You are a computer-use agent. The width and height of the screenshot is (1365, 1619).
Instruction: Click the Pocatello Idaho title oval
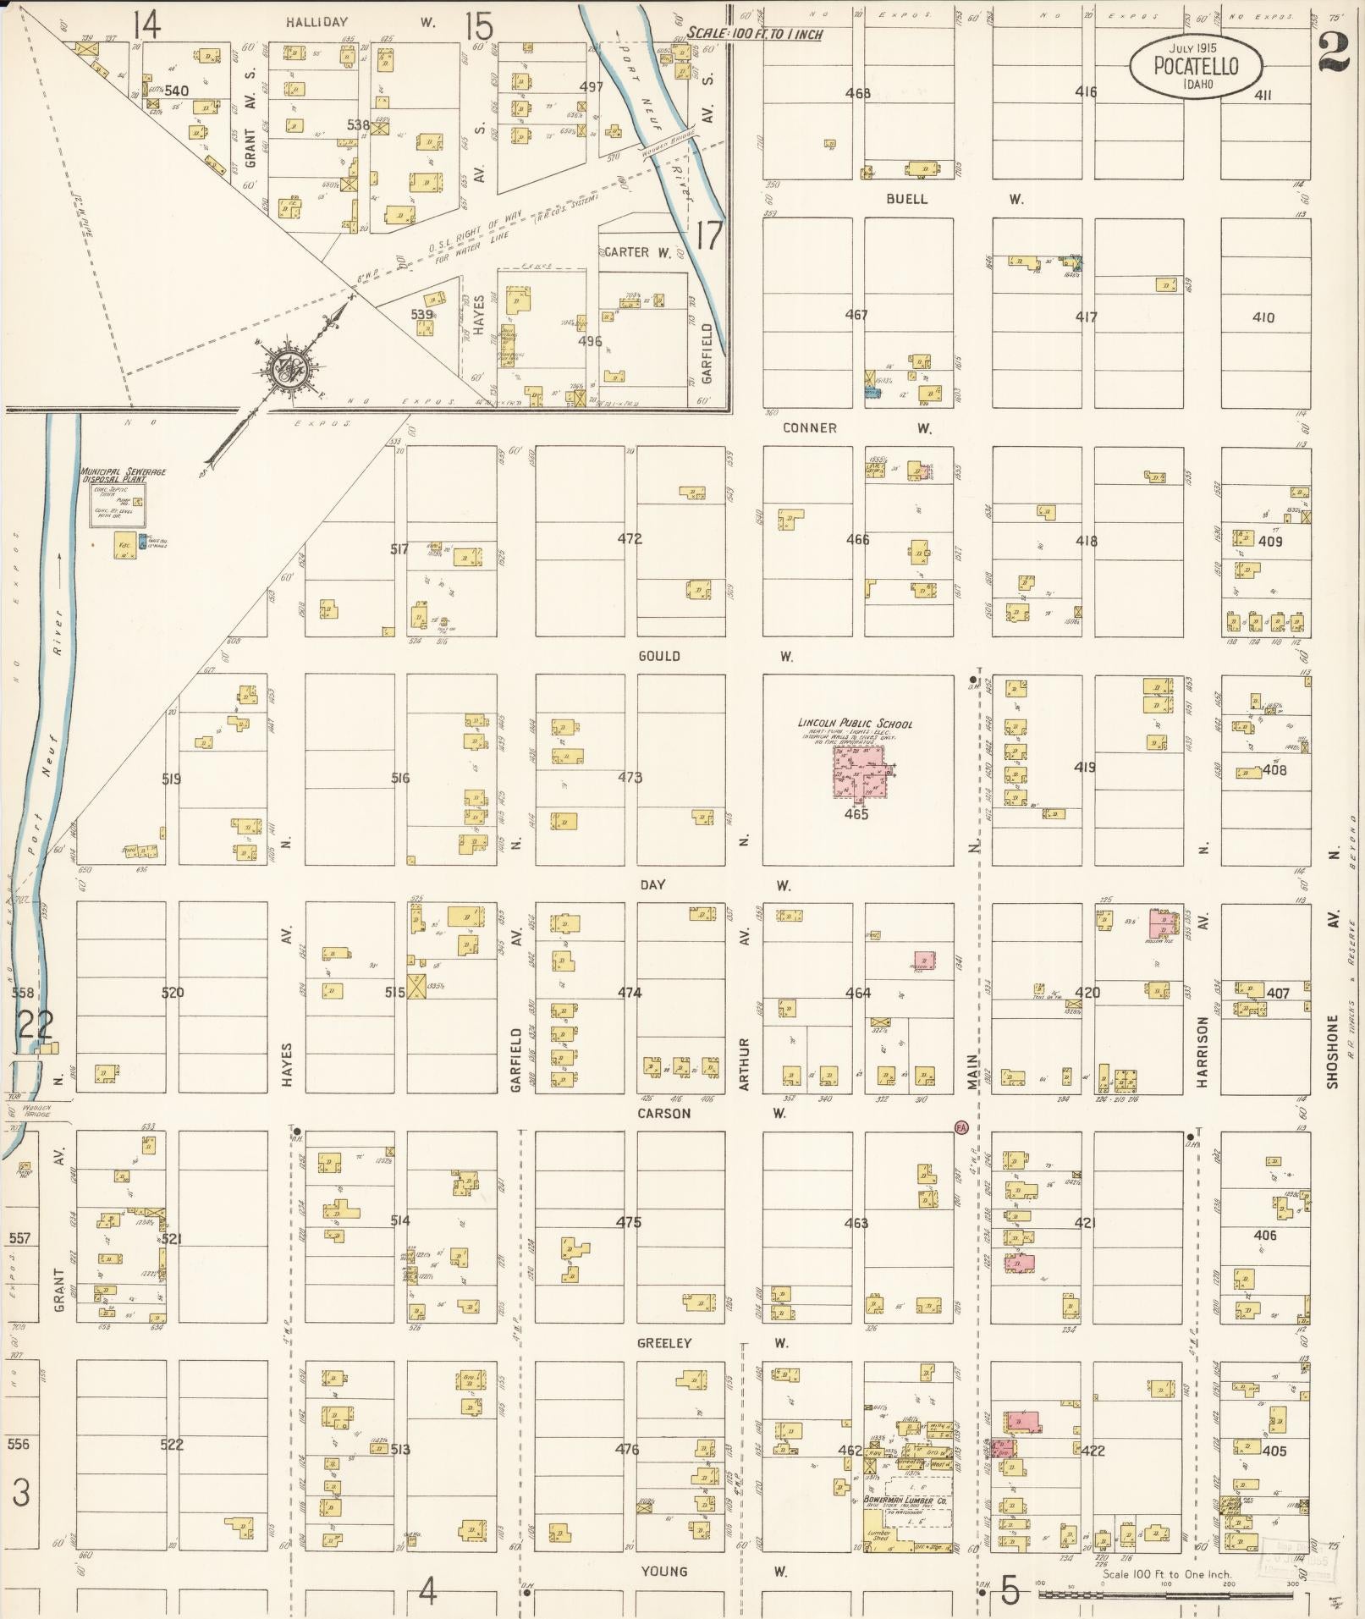1195,66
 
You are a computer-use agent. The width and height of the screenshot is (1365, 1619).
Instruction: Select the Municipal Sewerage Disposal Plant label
124,475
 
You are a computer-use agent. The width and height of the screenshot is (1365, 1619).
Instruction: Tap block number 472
630,538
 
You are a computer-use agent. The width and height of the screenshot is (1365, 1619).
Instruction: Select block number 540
176,91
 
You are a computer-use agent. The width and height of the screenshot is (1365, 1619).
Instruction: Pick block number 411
1262,96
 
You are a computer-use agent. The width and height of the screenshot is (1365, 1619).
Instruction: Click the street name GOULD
659,656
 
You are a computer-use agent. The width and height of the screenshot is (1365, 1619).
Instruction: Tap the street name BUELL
906,199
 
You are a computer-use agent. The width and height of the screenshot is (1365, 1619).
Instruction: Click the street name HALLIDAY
316,23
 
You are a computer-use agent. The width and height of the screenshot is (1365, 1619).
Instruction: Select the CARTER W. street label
636,252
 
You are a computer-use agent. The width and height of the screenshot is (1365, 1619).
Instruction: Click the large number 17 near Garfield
708,236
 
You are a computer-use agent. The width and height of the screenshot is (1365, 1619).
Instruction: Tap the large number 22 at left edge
36,1026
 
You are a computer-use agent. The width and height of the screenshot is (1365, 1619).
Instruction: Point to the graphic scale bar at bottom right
1166,1595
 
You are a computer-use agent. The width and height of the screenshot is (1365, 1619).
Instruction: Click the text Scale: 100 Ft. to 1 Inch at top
754,34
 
